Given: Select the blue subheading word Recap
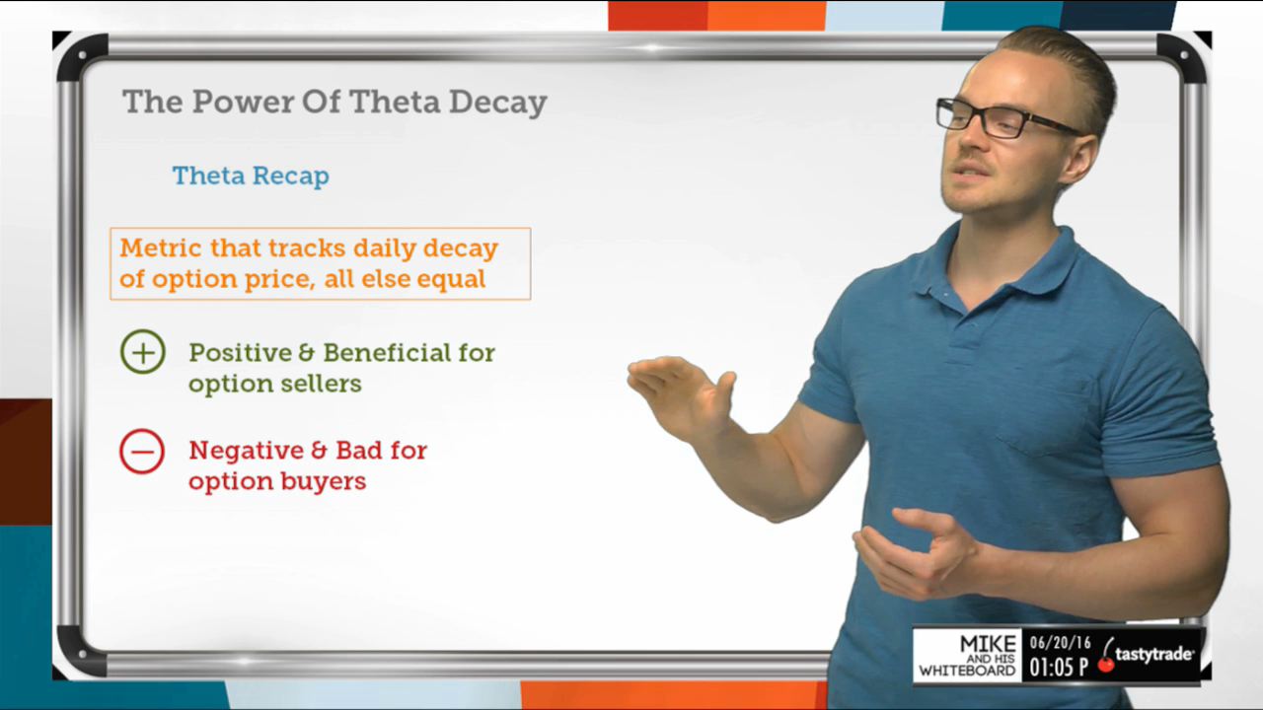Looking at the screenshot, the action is click(x=290, y=177).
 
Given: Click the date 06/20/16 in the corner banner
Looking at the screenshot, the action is click(x=1060, y=642).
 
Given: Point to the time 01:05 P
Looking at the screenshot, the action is click(x=1059, y=668).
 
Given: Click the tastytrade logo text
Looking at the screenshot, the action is click(x=1153, y=655).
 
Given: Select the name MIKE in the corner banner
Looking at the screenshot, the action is click(x=988, y=644).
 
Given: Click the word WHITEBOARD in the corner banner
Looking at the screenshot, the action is click(x=967, y=671).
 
